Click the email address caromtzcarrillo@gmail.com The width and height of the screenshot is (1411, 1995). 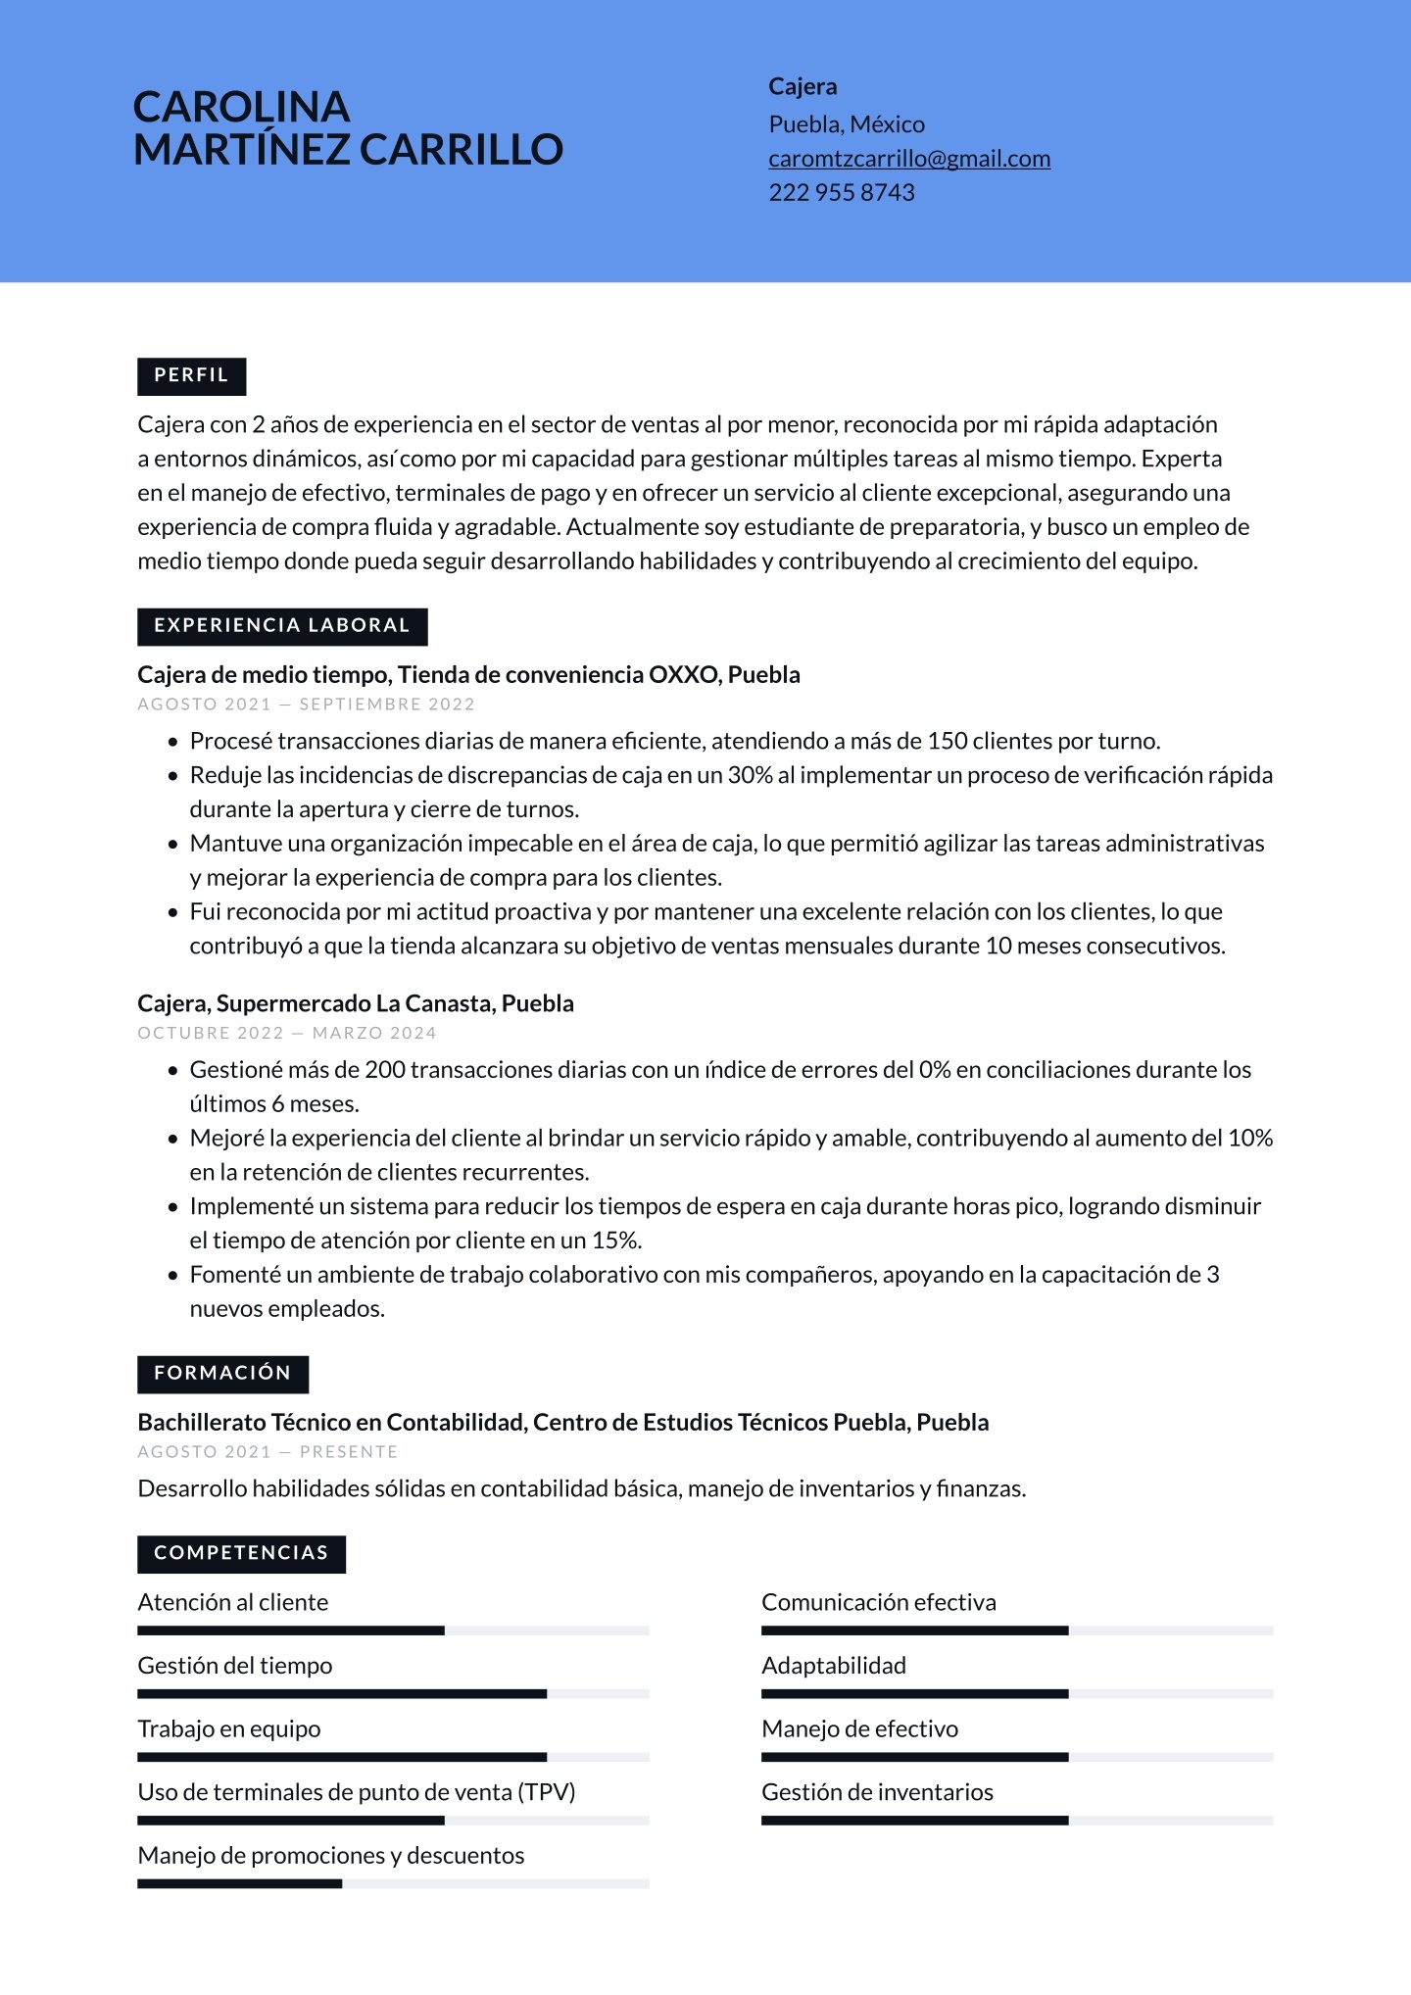(908, 159)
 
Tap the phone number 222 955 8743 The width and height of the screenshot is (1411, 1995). (841, 193)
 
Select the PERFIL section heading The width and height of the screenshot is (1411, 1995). (191, 375)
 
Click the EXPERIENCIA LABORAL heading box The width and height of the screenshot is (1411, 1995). (282, 626)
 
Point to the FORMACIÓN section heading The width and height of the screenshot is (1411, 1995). (222, 1374)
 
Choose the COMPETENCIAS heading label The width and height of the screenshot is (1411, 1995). (241, 1553)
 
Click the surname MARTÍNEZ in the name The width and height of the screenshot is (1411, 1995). (241, 150)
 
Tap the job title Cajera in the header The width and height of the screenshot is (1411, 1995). (802, 87)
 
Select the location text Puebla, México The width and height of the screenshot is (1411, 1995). (846, 124)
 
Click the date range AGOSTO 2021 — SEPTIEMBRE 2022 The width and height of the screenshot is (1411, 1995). (306, 705)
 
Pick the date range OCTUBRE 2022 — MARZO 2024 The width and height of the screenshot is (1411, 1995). (286, 1033)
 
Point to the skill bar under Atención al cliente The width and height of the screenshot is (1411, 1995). (392, 1630)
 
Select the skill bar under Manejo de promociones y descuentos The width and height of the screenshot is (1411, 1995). (392, 1883)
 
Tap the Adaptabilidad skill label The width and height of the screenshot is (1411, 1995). (833, 1666)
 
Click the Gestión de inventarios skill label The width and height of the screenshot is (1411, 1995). (876, 1792)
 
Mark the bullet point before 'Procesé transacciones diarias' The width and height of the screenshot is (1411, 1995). (173, 742)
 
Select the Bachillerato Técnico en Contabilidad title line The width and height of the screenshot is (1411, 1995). (562, 1423)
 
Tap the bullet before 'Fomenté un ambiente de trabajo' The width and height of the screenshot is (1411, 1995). (173, 1276)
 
